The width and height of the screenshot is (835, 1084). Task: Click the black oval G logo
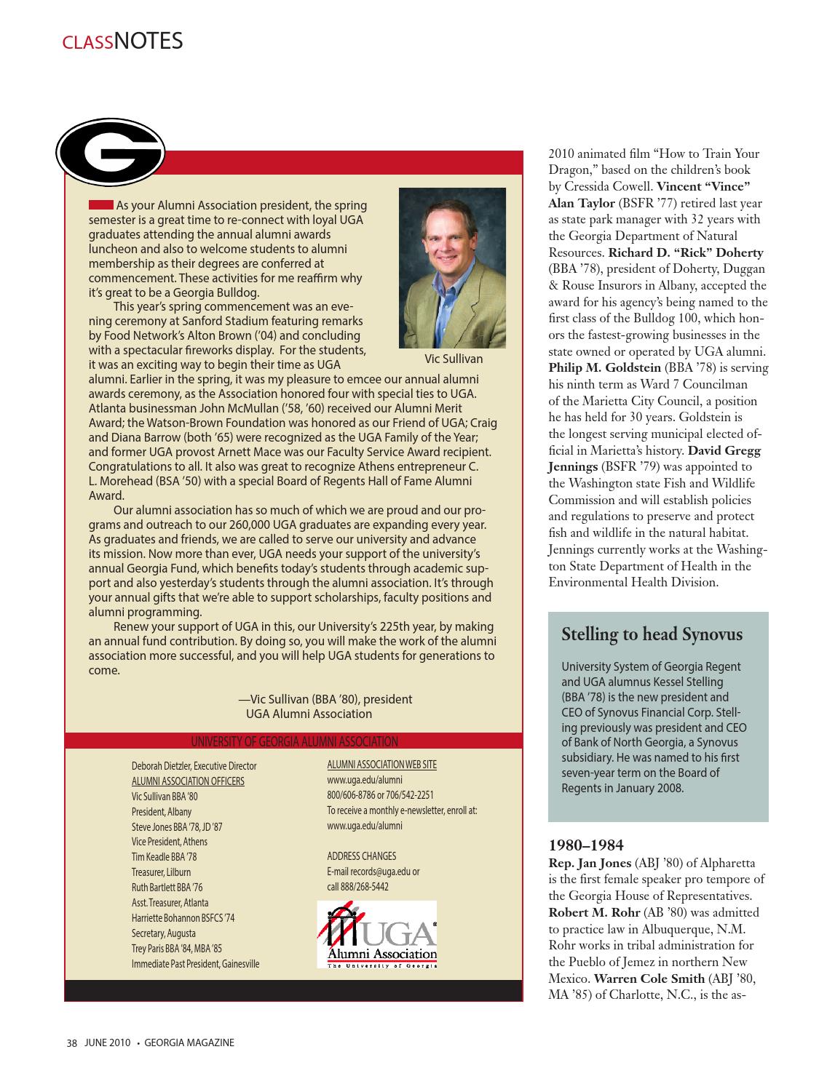click(x=111, y=151)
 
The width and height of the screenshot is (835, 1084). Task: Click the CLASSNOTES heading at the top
click(x=122, y=41)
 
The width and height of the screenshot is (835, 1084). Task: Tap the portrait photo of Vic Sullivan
click(x=452, y=268)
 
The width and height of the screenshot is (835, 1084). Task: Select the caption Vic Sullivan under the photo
click(x=453, y=359)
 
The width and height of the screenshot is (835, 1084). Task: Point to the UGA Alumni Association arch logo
click(x=376, y=934)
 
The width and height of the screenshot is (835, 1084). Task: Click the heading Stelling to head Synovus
click(x=652, y=634)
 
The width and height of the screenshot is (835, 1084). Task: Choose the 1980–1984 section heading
click(x=585, y=845)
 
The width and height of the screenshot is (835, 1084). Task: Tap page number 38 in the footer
click(x=71, y=1043)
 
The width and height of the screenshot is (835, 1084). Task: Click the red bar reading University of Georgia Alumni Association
click(x=294, y=741)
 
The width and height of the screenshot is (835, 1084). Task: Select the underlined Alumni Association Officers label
click(x=188, y=781)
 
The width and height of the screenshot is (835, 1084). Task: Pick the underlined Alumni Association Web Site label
click(x=381, y=765)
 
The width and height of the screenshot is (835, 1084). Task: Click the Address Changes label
click(x=361, y=856)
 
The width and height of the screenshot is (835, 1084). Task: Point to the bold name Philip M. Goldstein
click(x=604, y=368)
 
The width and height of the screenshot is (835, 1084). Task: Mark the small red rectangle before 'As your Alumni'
click(x=100, y=204)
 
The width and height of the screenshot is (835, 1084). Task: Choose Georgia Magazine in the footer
click(x=189, y=1043)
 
